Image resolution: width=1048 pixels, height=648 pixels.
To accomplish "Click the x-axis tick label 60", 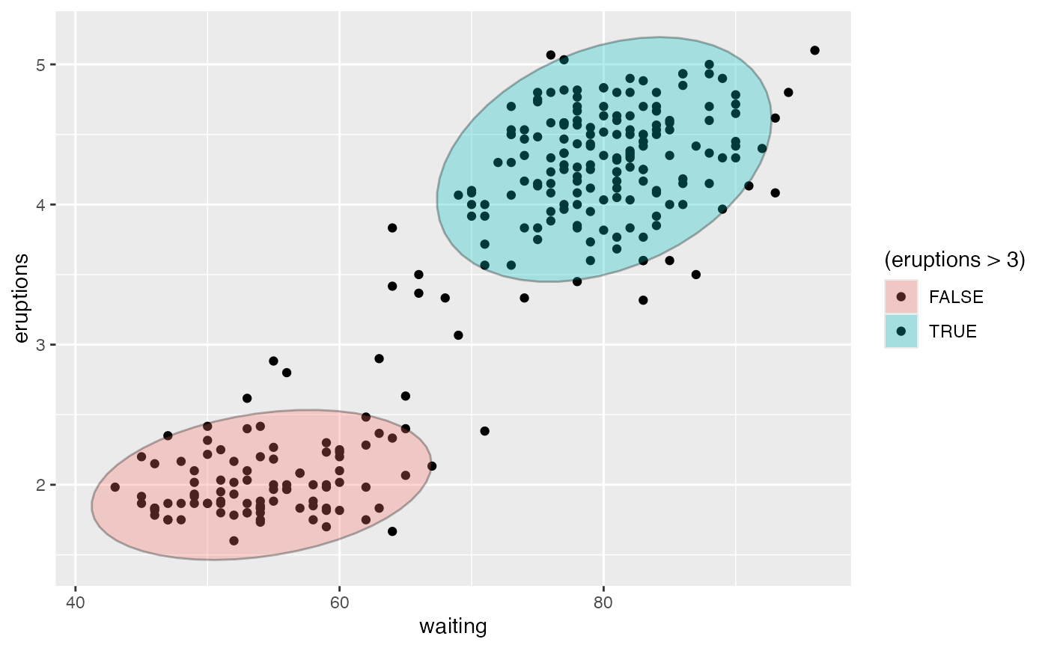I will [x=339, y=602].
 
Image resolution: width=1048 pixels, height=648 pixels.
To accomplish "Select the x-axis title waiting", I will [x=453, y=626].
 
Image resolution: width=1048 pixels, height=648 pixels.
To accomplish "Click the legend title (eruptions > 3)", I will [x=954, y=260].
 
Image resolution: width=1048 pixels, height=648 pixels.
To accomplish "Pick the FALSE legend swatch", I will [x=901, y=296].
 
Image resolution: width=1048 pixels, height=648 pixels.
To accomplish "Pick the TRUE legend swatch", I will [x=901, y=331].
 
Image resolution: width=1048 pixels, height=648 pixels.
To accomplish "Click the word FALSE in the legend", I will [x=956, y=297].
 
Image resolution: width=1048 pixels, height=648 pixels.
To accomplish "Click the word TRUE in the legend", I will [x=953, y=331].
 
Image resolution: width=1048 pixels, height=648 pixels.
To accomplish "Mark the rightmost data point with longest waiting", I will [x=814, y=50].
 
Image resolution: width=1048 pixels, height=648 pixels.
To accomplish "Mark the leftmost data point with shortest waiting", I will [x=115, y=487].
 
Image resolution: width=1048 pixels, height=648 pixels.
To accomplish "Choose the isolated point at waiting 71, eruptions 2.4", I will [x=484, y=431].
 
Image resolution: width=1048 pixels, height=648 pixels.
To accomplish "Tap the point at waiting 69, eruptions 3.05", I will [x=458, y=335].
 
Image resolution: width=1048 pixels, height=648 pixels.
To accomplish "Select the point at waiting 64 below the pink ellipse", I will [x=392, y=531].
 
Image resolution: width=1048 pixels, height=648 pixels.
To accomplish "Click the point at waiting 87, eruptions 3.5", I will [x=696, y=275].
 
